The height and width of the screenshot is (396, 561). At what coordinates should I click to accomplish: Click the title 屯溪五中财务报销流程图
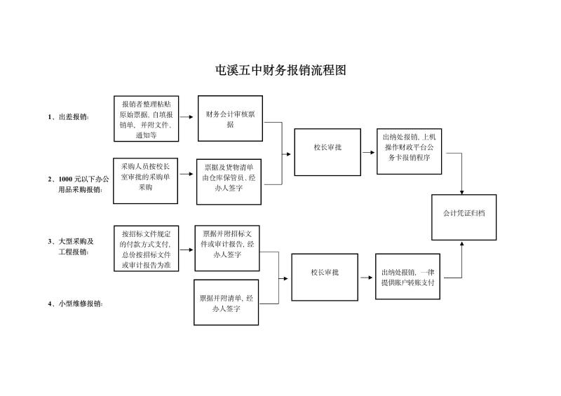[x=280, y=71]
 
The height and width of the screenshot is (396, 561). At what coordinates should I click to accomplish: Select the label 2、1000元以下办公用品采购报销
[x=79, y=184]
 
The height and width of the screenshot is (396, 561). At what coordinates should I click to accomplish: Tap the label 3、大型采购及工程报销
[x=73, y=246]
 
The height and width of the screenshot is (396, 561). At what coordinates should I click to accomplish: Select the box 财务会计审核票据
[x=230, y=118]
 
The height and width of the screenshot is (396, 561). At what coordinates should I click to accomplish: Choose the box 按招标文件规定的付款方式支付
[x=146, y=248]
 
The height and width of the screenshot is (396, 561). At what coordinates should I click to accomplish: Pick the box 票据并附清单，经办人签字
[x=225, y=303]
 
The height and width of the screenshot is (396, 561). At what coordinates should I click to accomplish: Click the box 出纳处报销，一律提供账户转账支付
[x=407, y=277]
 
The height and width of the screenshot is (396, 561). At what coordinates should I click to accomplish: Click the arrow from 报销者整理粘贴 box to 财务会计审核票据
[x=187, y=118]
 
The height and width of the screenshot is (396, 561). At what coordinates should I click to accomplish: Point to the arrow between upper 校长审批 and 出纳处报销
[x=368, y=152]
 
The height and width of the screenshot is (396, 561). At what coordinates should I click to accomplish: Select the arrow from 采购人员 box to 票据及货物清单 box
[x=187, y=182]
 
